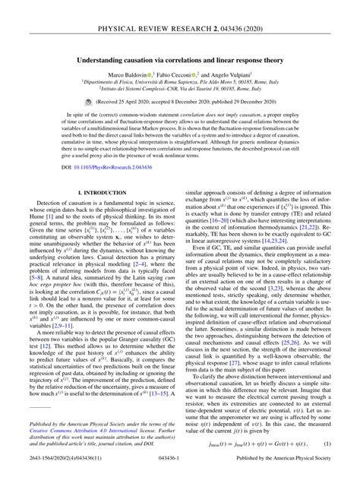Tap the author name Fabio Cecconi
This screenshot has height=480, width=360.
(x=182, y=74)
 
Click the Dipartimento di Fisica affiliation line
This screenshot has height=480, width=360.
(x=180, y=82)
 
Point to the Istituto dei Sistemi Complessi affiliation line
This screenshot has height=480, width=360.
(x=180, y=89)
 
